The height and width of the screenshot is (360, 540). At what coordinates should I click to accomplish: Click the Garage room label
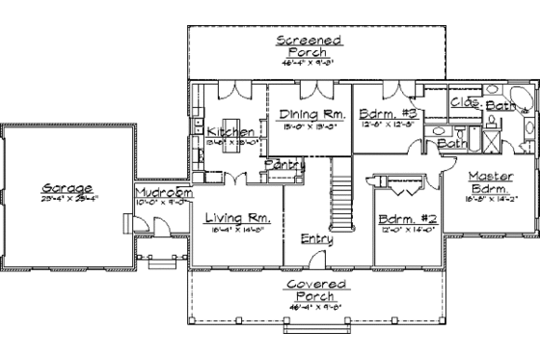click(x=67, y=188)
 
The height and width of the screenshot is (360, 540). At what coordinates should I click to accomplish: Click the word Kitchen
click(x=231, y=132)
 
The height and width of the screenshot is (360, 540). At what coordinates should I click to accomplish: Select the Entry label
click(x=317, y=238)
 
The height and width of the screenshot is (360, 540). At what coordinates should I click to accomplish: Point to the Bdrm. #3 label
click(x=385, y=114)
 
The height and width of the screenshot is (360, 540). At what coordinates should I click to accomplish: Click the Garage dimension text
click(x=67, y=199)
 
